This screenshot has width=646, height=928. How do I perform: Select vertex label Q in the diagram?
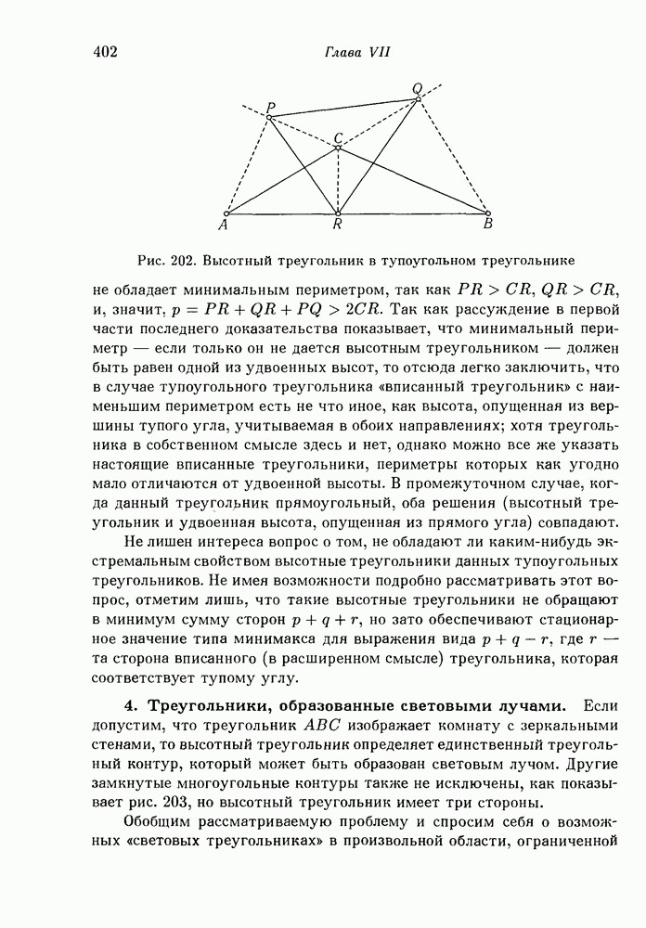[x=418, y=88]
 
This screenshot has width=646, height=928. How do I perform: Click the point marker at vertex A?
[x=226, y=213]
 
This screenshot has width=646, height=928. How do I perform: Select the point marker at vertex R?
[x=338, y=213]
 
